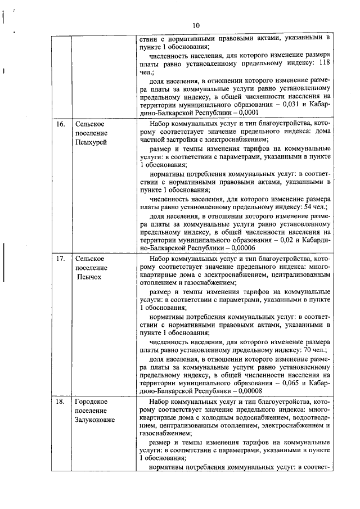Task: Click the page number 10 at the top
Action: click(195, 25)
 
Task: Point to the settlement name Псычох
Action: click(89, 277)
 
